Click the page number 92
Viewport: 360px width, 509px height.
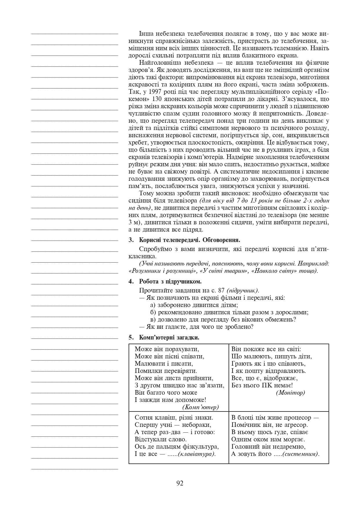pyautogui.click(x=180, y=483)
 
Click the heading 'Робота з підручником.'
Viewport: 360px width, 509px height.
pyautogui.click(x=170, y=281)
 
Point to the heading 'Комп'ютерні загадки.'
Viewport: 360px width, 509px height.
pyautogui.click(x=169, y=337)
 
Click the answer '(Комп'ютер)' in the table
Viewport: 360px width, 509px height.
pyautogui.click(x=200, y=407)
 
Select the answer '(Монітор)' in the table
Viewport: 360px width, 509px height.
pyautogui.click(x=290, y=393)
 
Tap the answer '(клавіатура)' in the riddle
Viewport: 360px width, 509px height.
pyautogui.click(x=197, y=454)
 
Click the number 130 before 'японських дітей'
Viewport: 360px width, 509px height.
pyautogui.click(x=152, y=99)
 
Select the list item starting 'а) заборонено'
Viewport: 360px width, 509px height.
pyautogui.click(x=194, y=305)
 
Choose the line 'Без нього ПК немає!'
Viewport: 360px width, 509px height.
pyautogui.click(x=262, y=385)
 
